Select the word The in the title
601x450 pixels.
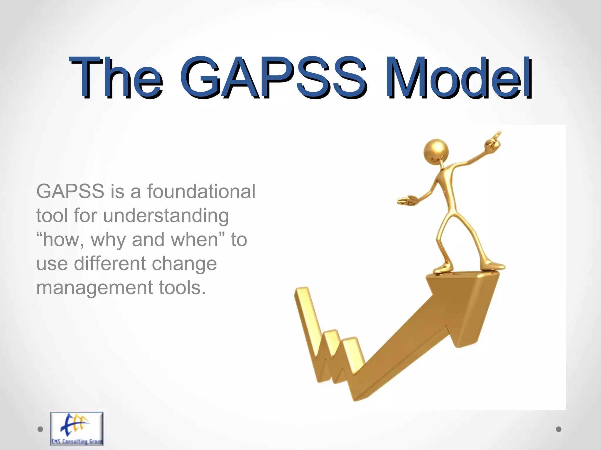pos(116,78)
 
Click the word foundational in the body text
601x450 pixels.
pos(201,191)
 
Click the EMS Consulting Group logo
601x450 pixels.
pos(77,429)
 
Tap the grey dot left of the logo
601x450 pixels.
pos(40,429)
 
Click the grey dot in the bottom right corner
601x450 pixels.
pos(559,429)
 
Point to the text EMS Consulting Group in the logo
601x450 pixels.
pos(77,442)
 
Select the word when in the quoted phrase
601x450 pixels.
pos(195,240)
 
